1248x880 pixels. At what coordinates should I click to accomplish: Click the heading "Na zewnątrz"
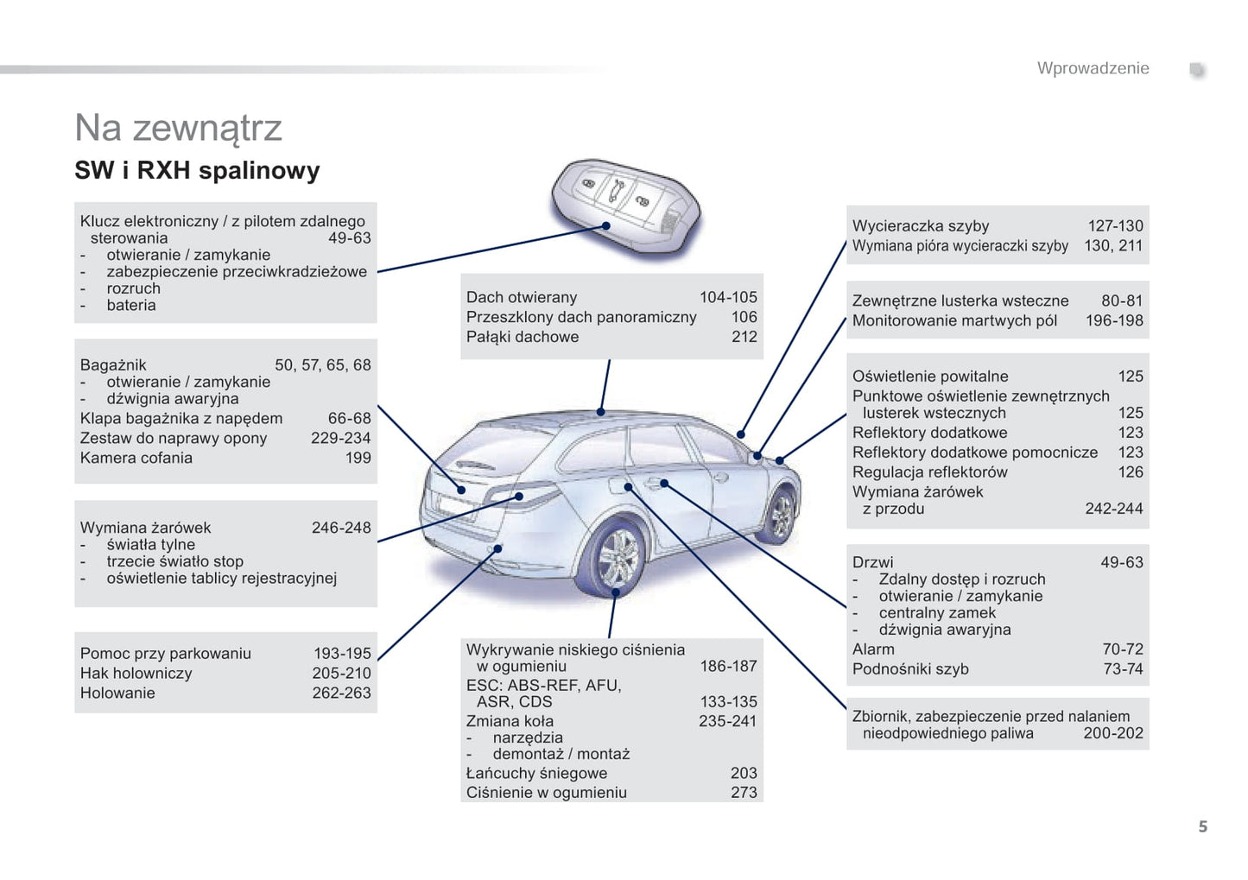178,128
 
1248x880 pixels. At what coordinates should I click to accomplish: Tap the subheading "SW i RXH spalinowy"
197,170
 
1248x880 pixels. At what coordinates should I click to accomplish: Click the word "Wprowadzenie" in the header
1093,68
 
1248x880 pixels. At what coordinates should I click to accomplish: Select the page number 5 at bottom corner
1202,826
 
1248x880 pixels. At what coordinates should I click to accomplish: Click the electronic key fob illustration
625,208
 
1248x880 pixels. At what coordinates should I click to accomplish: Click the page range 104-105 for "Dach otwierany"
727,297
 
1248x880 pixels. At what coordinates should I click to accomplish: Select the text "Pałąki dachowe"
523,337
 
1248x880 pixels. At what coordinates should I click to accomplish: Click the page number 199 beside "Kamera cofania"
358,458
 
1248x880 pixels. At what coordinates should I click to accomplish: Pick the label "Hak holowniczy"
136,673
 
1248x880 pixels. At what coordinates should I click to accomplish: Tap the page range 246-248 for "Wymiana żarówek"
340,528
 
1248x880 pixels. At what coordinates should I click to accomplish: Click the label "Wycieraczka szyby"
920,226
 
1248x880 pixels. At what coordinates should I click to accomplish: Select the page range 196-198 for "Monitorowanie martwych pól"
1113,320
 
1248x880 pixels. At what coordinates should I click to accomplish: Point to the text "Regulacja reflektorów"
929,472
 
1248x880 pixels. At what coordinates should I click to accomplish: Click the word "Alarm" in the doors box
873,649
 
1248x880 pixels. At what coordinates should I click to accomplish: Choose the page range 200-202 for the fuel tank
1112,733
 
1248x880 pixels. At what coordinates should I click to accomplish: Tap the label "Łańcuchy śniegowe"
536,773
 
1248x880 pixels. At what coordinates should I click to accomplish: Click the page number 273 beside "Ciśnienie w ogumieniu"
743,792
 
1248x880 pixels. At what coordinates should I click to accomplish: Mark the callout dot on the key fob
606,226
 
